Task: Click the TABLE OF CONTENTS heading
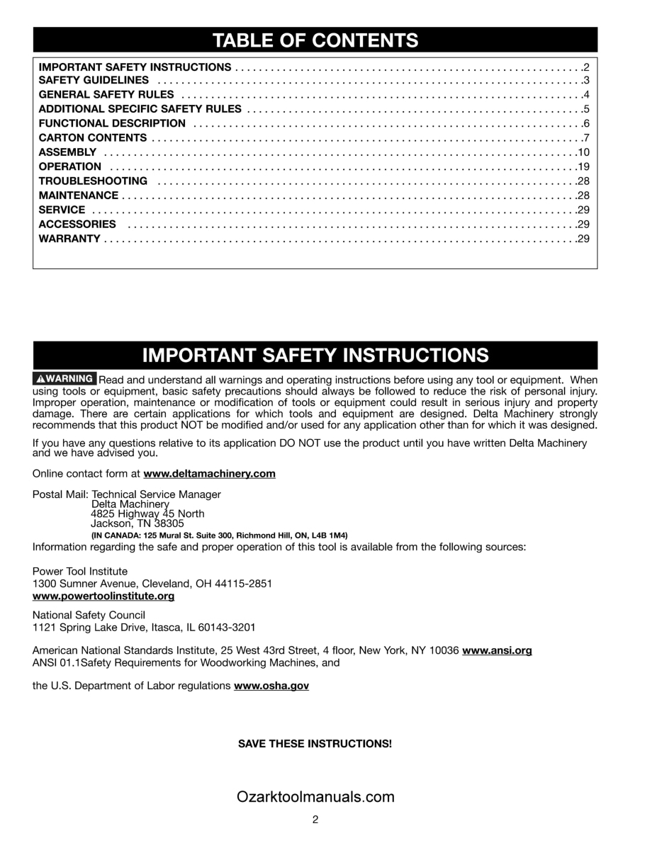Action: point(315,40)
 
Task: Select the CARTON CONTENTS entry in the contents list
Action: point(93,138)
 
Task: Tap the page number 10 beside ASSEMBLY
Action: point(584,152)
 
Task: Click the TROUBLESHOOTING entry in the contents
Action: point(93,181)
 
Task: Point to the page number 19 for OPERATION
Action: point(584,166)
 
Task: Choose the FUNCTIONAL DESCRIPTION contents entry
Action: point(112,124)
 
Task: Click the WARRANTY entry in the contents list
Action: point(69,239)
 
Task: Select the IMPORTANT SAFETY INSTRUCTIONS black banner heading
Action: point(315,355)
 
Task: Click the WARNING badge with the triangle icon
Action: point(64,379)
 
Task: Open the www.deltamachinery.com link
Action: point(209,474)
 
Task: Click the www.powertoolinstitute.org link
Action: point(103,596)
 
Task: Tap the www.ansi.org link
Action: point(497,650)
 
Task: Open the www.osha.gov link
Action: point(271,686)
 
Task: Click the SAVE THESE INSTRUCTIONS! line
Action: point(315,744)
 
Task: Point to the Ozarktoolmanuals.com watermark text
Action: point(315,797)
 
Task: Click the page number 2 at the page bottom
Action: point(315,820)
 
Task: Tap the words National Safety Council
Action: point(89,616)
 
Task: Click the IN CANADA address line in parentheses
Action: point(219,535)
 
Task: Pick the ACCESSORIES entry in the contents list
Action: point(77,224)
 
